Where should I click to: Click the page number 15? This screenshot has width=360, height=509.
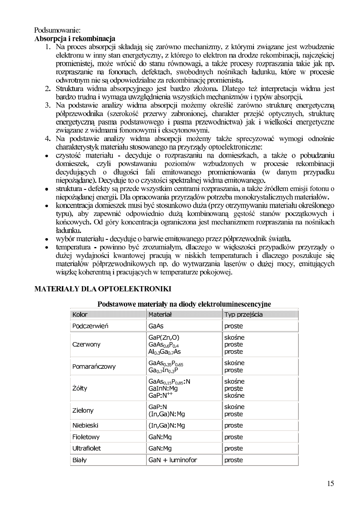(x=331, y=484)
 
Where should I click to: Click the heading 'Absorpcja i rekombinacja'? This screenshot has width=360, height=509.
(x=75, y=39)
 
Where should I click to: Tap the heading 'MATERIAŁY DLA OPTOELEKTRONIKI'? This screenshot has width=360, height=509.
(x=103, y=289)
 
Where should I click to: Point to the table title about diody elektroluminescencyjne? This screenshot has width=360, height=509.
(x=184, y=304)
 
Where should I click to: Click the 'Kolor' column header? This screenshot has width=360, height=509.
(x=80, y=314)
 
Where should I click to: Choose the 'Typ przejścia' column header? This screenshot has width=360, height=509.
(x=243, y=314)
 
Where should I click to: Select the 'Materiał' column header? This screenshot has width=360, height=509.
(x=160, y=314)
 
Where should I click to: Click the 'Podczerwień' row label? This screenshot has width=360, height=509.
(x=90, y=326)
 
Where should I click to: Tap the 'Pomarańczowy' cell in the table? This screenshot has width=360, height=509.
(x=94, y=366)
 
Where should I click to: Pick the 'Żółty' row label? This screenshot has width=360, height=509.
(x=79, y=389)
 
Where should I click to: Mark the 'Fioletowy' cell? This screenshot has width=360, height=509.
(x=85, y=437)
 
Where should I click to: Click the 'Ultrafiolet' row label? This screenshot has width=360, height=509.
(x=86, y=448)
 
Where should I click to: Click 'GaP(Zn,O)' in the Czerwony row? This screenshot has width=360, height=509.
(x=164, y=337)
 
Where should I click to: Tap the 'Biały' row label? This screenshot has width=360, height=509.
(x=79, y=460)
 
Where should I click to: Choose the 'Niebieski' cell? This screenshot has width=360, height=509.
(x=85, y=425)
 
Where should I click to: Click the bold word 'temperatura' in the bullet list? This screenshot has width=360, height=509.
(x=73, y=246)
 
